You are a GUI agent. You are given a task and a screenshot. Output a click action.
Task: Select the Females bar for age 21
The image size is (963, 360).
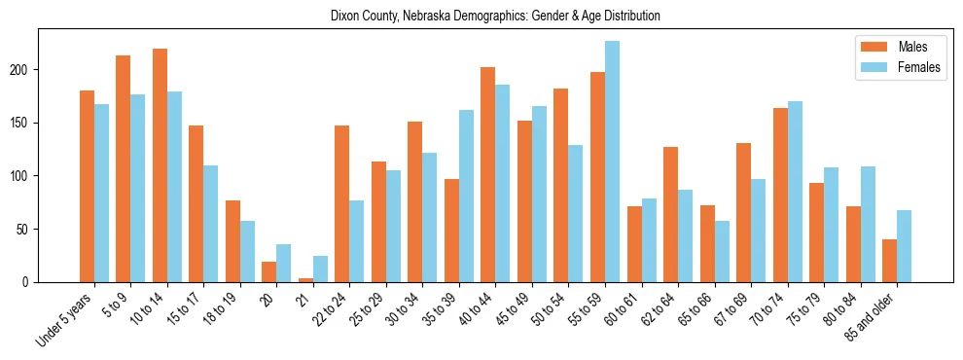tap(320, 270)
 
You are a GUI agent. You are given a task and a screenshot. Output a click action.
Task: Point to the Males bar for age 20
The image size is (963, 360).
tap(268, 271)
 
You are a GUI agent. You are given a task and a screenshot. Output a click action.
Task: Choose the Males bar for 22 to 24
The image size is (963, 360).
tap(341, 203)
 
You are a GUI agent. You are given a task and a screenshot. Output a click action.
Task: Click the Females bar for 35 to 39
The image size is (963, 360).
tap(466, 196)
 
